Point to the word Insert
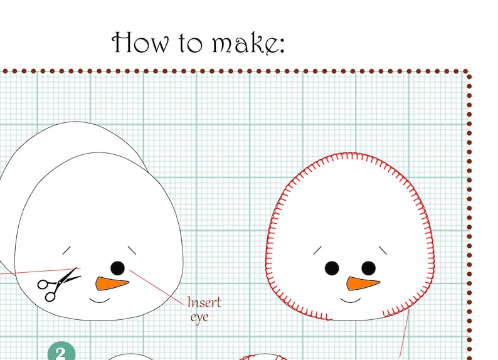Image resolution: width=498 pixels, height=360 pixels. coord(204,303)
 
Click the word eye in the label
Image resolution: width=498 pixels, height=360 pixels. coord(199,317)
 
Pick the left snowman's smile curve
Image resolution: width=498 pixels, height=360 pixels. coord(100,300)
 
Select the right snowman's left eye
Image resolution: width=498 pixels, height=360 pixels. coord(331,268)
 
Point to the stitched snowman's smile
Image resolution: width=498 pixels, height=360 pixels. coord(351,300)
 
